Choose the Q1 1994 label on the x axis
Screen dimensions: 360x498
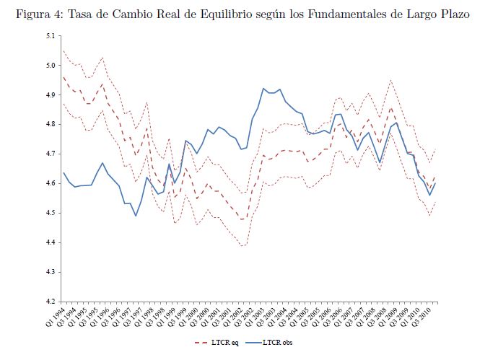54,316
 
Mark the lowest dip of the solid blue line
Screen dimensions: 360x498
136,216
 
